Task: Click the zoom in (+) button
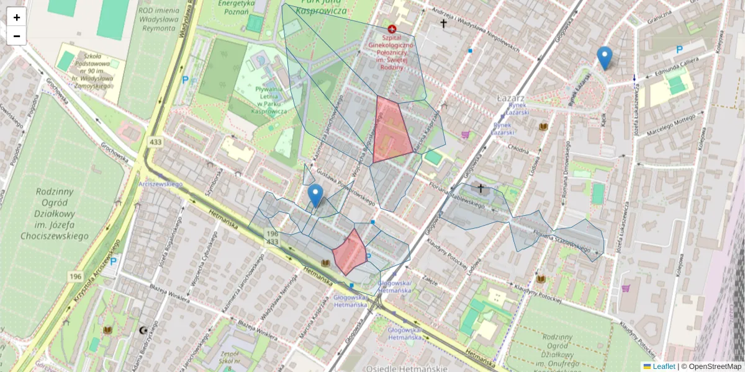17,17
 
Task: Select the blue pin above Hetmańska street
315,195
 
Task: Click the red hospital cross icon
392,29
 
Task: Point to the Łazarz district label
511,99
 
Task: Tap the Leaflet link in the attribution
663,366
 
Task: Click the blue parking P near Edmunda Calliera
680,50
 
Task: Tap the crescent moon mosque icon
145,330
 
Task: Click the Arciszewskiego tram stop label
160,184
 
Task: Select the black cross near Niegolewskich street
443,24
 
